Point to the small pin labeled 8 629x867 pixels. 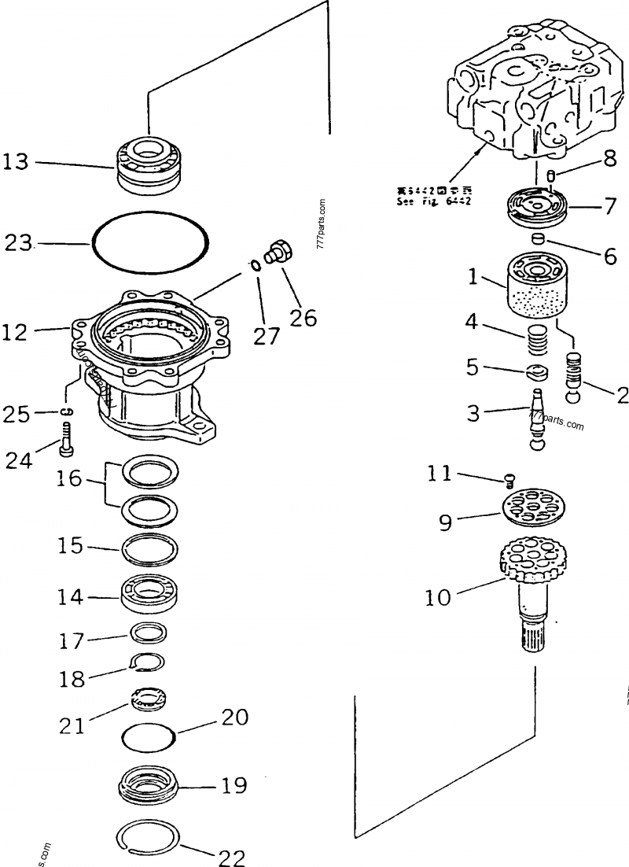pos(551,176)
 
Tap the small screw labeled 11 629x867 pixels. pos(508,478)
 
